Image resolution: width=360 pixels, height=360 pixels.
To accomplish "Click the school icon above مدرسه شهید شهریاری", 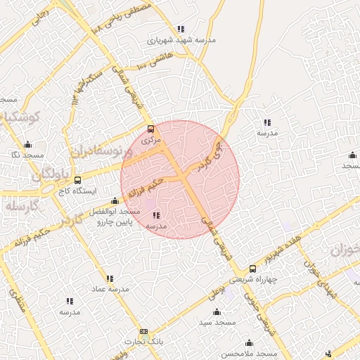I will [x=181, y=29].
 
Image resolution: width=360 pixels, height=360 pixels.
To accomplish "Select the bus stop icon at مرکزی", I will [x=150, y=129].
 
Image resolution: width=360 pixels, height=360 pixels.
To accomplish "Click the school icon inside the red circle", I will [x=155, y=215].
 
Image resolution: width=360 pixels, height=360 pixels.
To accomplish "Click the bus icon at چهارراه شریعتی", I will [x=253, y=268].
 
